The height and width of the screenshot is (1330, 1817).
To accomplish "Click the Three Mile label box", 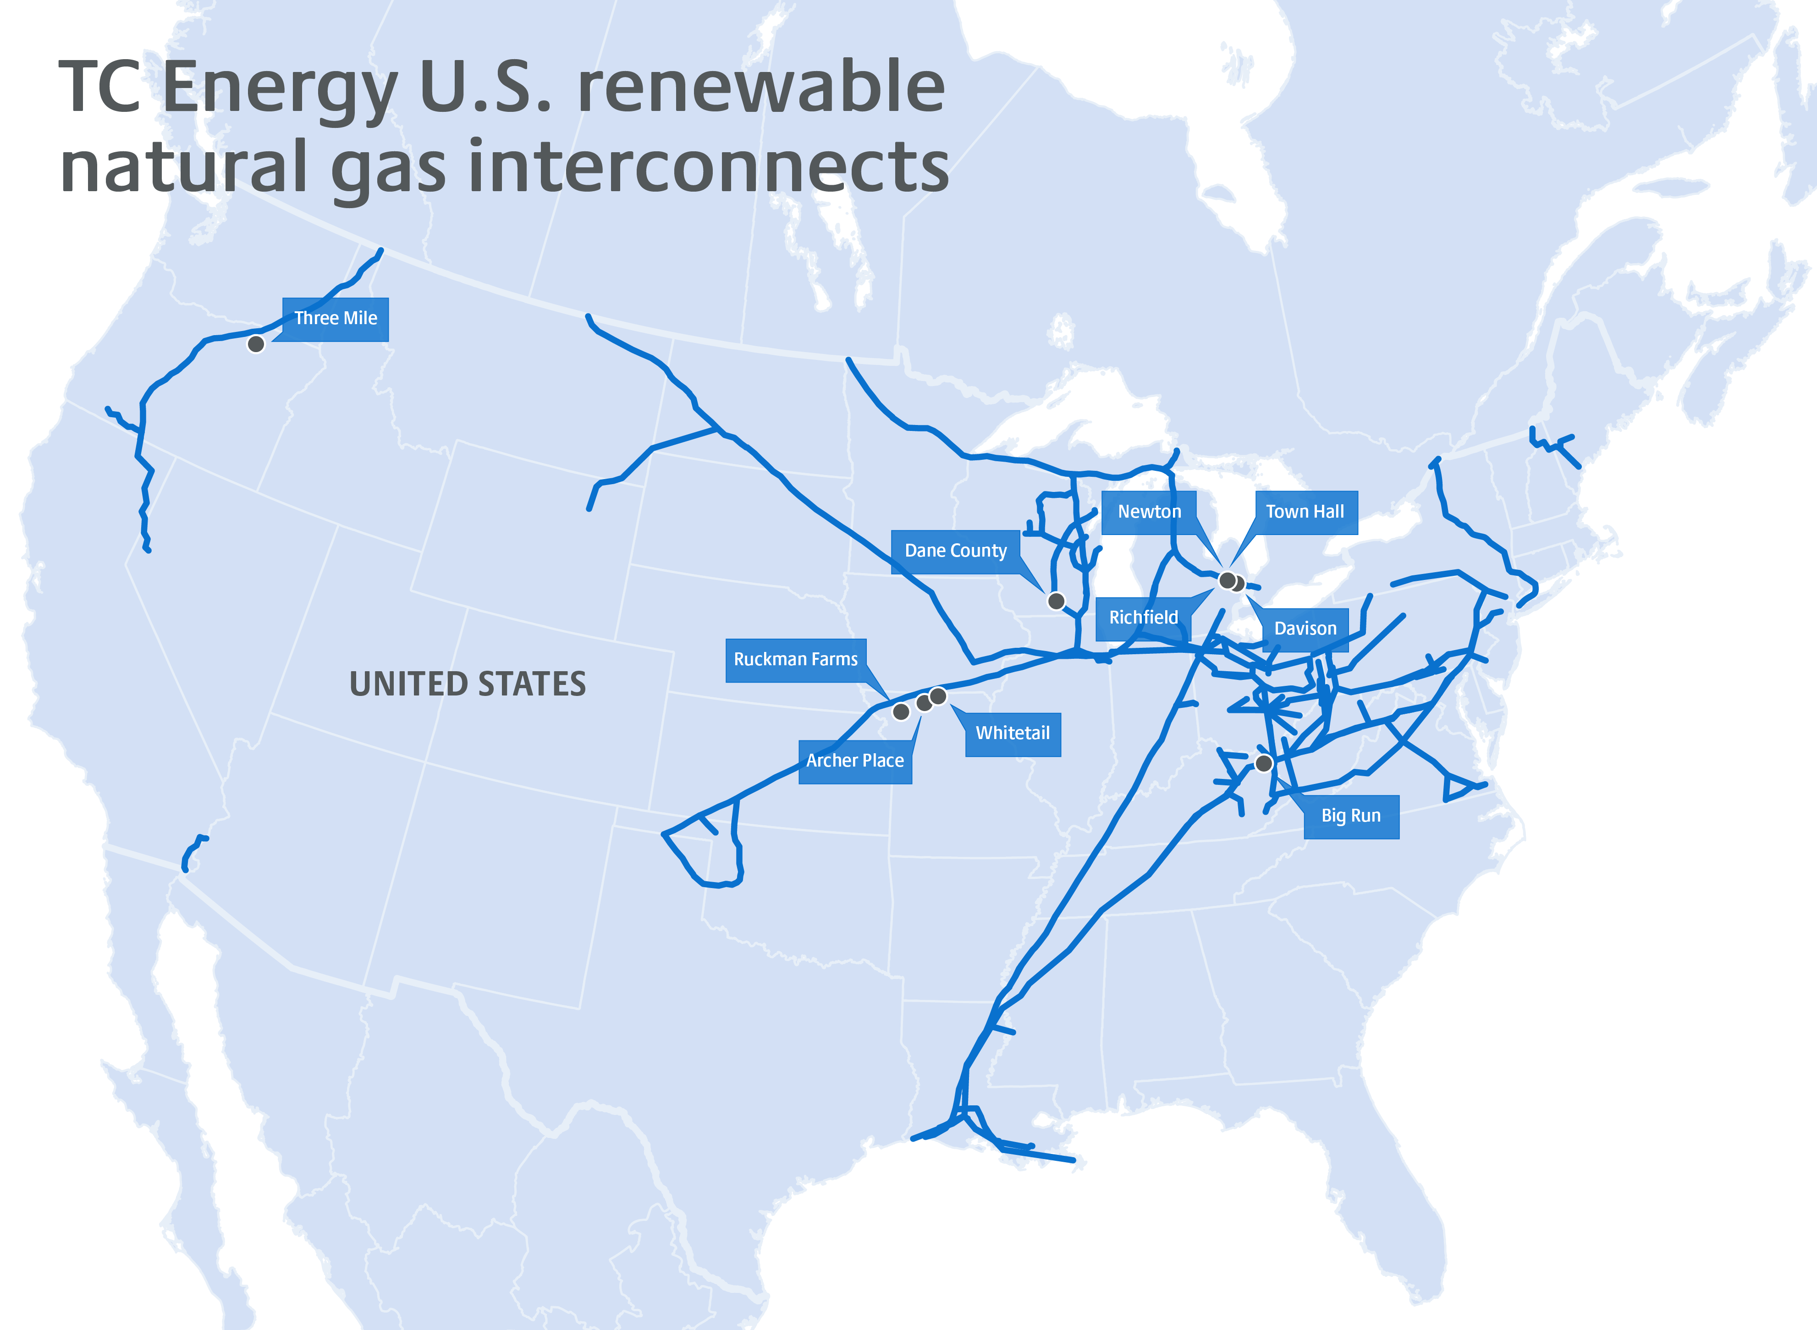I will coord(336,319).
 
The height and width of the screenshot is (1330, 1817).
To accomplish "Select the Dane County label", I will coord(955,552).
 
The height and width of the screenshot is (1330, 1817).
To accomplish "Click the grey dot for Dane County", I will coord(1057,601).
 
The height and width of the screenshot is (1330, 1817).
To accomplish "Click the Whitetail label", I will coord(1012,734).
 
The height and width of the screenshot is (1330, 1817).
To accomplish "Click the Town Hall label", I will coord(1305,512).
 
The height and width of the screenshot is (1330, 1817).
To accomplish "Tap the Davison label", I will coord(1305,629).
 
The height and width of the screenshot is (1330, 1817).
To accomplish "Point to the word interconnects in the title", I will coord(708,167).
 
